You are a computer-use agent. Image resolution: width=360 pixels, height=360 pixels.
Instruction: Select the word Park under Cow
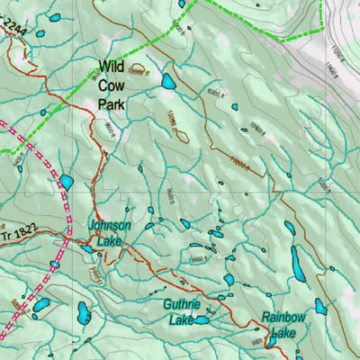[112, 103]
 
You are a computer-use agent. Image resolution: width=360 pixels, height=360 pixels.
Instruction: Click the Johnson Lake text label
[109, 232]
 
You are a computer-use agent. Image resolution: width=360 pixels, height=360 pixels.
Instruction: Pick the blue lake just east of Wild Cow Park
[168, 82]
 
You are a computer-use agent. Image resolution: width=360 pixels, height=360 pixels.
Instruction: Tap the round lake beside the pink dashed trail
[66, 183]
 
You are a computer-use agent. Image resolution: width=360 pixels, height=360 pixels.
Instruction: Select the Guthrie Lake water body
[202, 319]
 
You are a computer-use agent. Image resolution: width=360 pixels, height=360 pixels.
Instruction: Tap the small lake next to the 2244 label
[55, 17]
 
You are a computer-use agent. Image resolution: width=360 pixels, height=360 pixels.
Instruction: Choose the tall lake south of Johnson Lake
[84, 313]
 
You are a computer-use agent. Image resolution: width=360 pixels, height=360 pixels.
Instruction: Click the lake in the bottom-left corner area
[40, 306]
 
